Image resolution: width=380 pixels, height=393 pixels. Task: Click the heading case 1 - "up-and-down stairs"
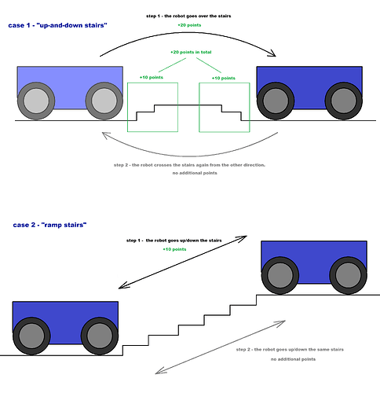pos(57,25)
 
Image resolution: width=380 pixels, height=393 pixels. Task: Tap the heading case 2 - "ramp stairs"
pos(49,225)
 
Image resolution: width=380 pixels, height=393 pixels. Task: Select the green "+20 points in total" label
pos(191,52)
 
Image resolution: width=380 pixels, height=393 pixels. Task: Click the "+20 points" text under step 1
pos(189,25)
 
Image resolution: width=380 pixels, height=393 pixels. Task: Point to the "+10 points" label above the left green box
pos(152,77)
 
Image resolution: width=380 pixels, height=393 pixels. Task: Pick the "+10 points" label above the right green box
pos(224,78)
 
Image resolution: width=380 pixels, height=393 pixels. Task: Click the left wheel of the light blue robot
pos(36,101)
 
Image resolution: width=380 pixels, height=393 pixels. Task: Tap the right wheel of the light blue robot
pos(104,101)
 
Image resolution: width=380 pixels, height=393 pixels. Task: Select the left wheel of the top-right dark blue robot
pos(276,101)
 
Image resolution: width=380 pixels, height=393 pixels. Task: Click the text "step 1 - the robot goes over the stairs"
pos(188,16)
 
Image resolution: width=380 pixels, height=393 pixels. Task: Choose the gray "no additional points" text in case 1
pos(195,173)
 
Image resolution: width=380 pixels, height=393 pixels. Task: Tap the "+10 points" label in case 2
pos(174,249)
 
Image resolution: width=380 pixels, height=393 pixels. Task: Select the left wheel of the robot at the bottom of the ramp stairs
pos(31,336)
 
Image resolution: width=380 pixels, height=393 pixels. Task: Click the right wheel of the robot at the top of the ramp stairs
pos(348,275)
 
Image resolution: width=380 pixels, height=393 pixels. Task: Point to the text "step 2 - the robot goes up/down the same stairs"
pos(290,350)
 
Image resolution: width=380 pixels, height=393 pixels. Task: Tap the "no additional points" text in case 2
pos(293,359)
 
